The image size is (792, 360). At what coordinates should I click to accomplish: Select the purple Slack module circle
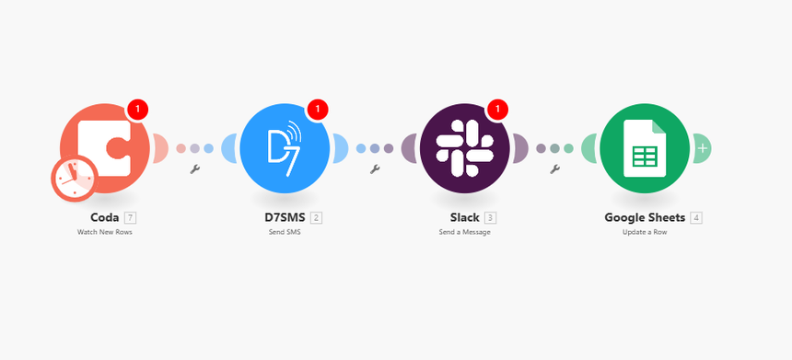(x=465, y=147)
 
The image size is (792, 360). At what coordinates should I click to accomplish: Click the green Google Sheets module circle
(x=645, y=147)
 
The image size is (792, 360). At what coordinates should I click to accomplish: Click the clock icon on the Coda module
(x=73, y=179)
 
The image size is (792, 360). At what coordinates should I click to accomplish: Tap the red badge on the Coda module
(x=137, y=110)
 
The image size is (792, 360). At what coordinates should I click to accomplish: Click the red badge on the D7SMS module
(x=318, y=110)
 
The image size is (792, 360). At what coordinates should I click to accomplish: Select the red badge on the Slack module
(x=497, y=110)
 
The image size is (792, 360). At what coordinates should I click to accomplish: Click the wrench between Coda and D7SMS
(x=194, y=169)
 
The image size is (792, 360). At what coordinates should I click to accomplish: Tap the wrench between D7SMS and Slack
(x=375, y=169)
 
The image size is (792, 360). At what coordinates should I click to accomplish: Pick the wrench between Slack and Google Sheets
(x=554, y=169)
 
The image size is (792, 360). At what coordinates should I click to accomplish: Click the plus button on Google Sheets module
(x=703, y=147)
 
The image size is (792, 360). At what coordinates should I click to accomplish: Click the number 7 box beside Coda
(x=131, y=218)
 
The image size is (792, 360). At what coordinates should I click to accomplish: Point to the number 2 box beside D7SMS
(x=316, y=218)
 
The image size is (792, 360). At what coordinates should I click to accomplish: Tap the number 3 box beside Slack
(x=490, y=218)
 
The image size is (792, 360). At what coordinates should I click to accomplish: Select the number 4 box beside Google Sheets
(x=696, y=218)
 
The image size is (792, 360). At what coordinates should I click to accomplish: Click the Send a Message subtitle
(x=465, y=233)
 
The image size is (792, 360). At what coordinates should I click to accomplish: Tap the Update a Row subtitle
(x=645, y=233)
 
